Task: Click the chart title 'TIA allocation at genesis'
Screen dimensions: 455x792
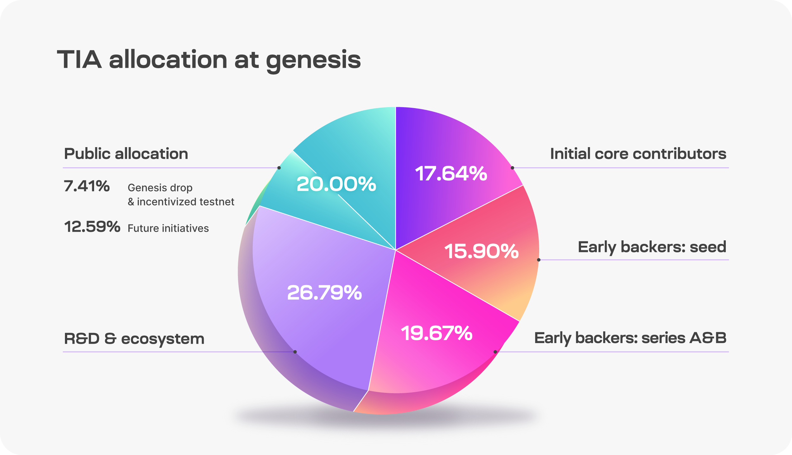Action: [x=209, y=60]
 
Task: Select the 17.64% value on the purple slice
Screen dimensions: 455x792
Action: [x=451, y=174]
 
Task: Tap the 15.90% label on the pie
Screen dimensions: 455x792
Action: [x=481, y=251]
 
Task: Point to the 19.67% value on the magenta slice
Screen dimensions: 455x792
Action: [x=437, y=333]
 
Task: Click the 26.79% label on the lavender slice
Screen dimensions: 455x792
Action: [x=324, y=293]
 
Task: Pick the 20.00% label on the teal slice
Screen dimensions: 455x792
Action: [x=336, y=184]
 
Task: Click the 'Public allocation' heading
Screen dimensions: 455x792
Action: [x=126, y=154]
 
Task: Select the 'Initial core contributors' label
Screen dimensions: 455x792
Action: [x=638, y=154]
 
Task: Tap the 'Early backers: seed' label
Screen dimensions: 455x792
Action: [x=652, y=247]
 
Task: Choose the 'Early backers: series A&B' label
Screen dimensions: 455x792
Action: [x=630, y=338]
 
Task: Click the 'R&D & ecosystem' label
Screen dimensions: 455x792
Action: [x=134, y=339]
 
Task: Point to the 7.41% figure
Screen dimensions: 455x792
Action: [x=87, y=186]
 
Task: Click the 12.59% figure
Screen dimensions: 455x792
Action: [x=92, y=227]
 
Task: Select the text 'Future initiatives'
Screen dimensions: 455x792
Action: [x=168, y=228]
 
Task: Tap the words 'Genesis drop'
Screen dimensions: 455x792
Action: [x=160, y=188]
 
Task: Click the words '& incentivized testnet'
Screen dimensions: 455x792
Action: [x=181, y=202]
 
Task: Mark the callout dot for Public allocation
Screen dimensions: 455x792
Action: [x=279, y=168]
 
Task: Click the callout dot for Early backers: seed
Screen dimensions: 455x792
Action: [x=539, y=260]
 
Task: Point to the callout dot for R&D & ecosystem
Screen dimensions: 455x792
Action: [x=295, y=352]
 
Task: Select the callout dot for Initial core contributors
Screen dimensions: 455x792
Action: [x=512, y=168]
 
